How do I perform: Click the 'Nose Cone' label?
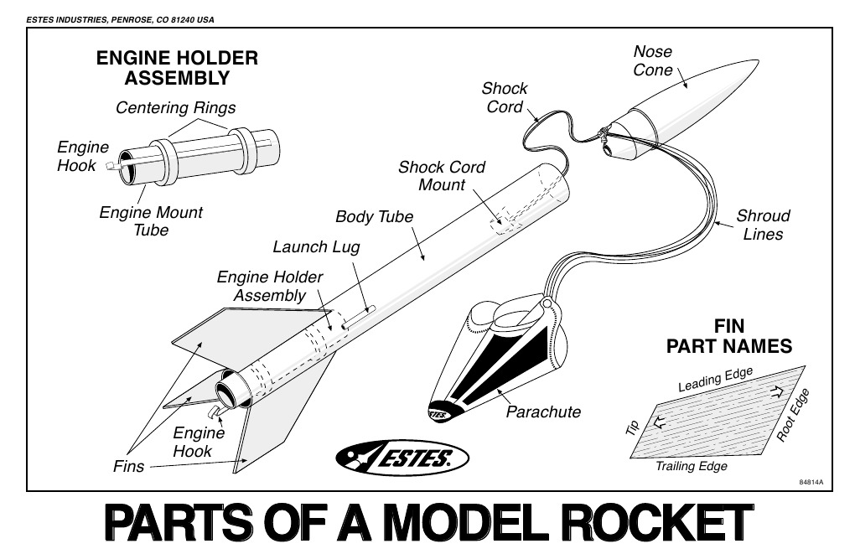[652, 61]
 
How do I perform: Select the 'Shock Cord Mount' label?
[441, 176]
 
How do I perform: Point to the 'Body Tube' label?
[374, 217]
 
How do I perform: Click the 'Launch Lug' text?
[315, 247]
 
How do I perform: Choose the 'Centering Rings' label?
[175, 107]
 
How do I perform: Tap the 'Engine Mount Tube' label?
[151, 221]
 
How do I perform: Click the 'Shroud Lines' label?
[763, 225]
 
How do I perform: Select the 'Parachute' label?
[543, 412]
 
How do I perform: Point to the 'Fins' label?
[128, 467]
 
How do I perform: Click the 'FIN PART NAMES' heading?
[728, 336]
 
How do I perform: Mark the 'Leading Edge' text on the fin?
[715, 379]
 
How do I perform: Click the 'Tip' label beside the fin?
[632, 427]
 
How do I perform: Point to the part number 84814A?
[810, 482]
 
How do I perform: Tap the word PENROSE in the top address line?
[135, 19]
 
